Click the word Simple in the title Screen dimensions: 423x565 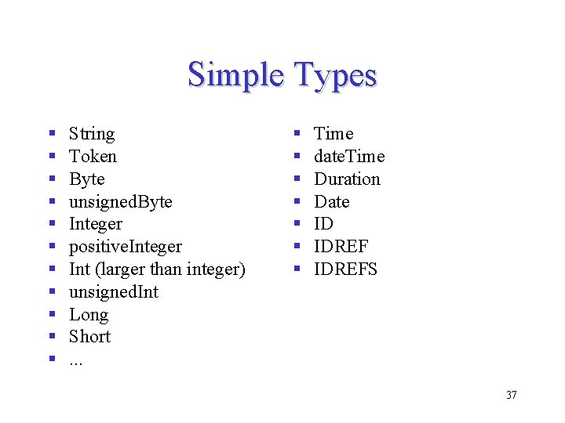(x=235, y=75)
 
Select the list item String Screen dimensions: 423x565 (x=92, y=134)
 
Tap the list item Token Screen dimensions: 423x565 (x=93, y=157)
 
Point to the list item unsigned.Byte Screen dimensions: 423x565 (x=120, y=202)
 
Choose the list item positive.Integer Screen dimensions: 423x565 (x=125, y=247)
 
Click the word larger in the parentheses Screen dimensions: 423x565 (x=121, y=269)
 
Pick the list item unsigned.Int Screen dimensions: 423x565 (x=113, y=292)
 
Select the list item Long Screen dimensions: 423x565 (x=89, y=315)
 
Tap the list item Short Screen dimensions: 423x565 (x=89, y=337)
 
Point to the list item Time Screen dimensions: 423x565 (x=334, y=134)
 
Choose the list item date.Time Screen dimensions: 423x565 (x=349, y=157)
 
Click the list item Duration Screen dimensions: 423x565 (x=347, y=179)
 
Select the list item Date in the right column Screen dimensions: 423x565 (x=332, y=202)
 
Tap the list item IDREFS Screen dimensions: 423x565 (x=345, y=269)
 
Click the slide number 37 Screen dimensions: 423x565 (x=511, y=395)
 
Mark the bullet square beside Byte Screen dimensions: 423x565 (x=51, y=179)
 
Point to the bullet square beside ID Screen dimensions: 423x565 (x=297, y=224)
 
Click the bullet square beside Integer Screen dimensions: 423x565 (x=51, y=224)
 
